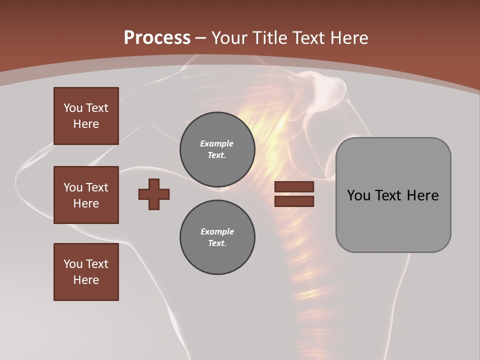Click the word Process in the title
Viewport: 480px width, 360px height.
pyautogui.click(x=157, y=38)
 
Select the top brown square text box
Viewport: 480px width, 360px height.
pyautogui.click(x=86, y=116)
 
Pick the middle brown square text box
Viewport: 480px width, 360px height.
pyautogui.click(x=86, y=195)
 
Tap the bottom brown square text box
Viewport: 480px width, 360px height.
pyautogui.click(x=86, y=272)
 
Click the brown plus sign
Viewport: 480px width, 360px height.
pyautogui.click(x=154, y=194)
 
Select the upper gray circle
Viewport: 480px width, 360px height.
pyautogui.click(x=217, y=149)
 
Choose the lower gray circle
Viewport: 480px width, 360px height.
pyautogui.click(x=217, y=237)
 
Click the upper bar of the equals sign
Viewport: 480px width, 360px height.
pyautogui.click(x=294, y=187)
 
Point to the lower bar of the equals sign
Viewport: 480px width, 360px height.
pyautogui.click(x=294, y=201)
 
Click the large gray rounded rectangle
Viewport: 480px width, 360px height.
pyautogui.click(x=393, y=220)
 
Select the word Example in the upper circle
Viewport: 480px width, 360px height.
pyautogui.click(x=217, y=143)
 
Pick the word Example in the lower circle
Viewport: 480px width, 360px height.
pyautogui.click(x=217, y=231)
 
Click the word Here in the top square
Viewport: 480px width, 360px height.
pyautogui.click(x=86, y=124)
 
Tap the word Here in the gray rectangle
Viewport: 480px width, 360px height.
pyautogui.click(x=422, y=195)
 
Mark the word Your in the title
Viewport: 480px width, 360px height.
pyautogui.click(x=230, y=38)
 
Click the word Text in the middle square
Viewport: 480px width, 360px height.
pyautogui.click(x=97, y=187)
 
